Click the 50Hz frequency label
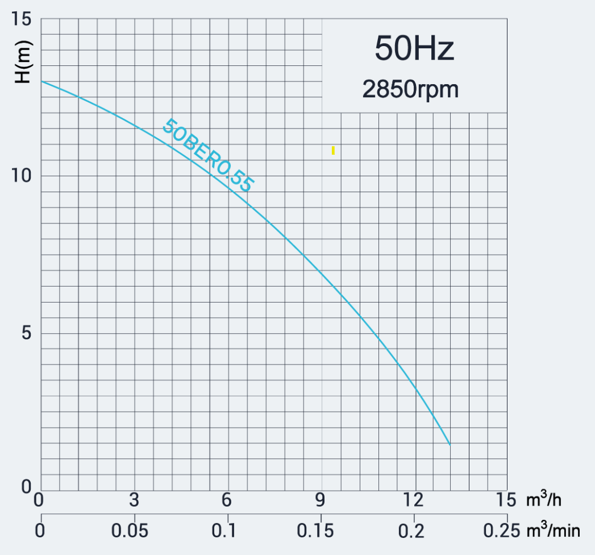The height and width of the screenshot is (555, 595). (x=414, y=49)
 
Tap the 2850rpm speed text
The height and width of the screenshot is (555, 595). (x=410, y=89)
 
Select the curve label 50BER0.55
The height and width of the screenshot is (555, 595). (x=207, y=155)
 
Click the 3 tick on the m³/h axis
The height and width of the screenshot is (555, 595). (x=134, y=500)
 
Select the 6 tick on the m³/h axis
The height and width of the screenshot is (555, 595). (x=226, y=500)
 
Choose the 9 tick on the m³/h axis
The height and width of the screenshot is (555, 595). (x=320, y=500)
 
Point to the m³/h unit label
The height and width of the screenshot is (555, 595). (x=544, y=500)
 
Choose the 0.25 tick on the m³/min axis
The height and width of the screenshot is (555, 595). (x=502, y=531)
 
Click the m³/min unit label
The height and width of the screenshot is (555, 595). (x=554, y=531)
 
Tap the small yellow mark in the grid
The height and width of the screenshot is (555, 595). (x=333, y=150)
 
